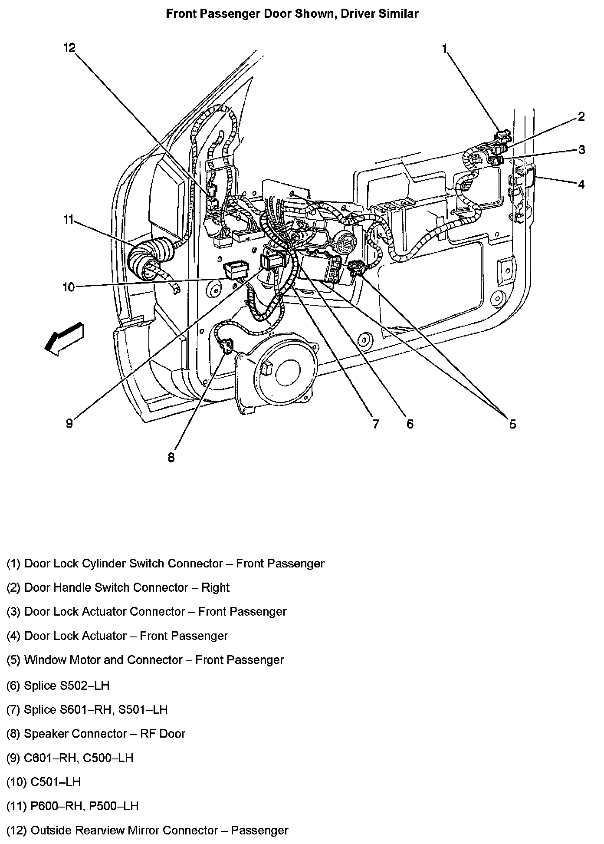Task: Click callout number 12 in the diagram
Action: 69,48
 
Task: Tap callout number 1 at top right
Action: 444,49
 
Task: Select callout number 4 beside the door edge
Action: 581,184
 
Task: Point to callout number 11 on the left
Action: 69,220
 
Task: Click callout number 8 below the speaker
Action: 171,457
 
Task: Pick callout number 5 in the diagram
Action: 512,424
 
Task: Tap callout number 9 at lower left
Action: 69,423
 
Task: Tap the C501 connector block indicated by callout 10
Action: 235,270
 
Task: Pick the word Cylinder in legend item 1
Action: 103,564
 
